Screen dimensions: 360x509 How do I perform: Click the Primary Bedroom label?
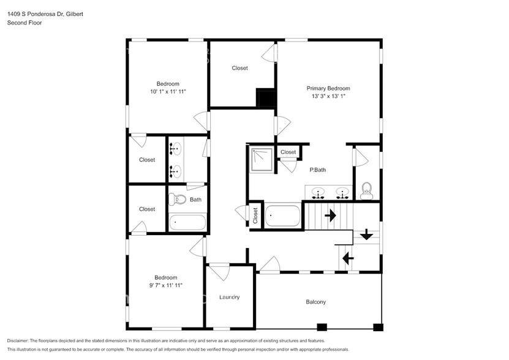tap(328, 88)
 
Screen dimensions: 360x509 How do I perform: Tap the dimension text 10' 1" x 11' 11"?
tap(167, 91)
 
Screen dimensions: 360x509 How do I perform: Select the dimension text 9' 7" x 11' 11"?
tap(166, 285)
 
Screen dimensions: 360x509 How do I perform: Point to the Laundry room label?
tap(229, 297)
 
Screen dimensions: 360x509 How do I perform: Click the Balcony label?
tap(315, 302)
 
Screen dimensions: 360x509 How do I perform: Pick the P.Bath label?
tap(317, 170)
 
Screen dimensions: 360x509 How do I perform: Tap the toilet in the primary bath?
tap(367, 190)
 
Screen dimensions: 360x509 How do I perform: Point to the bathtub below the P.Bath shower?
tap(283, 216)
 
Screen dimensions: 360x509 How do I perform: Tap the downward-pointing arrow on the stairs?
tap(367, 234)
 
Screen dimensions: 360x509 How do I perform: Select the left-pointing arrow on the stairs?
tap(348, 258)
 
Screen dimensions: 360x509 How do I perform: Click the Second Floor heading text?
tap(24, 23)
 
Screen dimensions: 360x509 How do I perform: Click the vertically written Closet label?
tap(255, 216)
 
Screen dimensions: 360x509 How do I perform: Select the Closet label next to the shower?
tap(288, 152)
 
